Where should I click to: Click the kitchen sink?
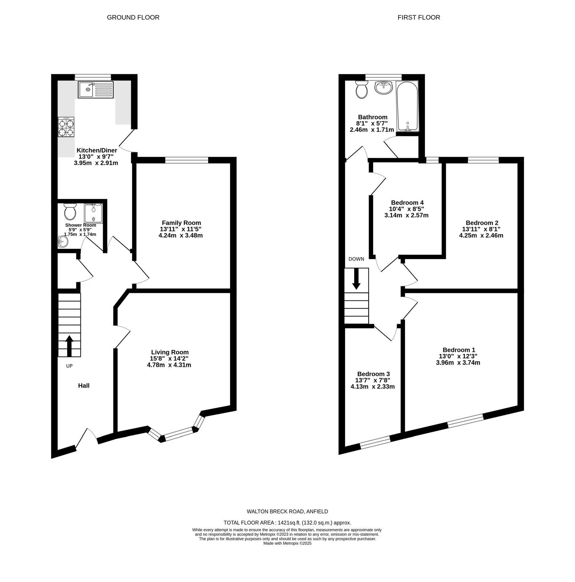pos(96,89)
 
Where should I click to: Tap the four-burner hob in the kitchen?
pos(66,127)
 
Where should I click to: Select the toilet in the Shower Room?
pos(70,211)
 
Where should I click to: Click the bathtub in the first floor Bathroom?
pos(407,107)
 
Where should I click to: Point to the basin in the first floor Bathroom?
pos(383,88)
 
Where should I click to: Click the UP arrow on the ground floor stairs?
pos(69,346)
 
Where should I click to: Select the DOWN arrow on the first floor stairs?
pos(356,279)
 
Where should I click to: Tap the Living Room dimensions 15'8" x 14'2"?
pos(170,359)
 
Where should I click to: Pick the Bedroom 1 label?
pos(459,350)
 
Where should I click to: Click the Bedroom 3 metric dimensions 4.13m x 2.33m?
pos(373,387)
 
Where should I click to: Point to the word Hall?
pos(84,386)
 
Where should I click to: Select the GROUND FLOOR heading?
pos(133,17)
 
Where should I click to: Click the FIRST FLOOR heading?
pos(419,17)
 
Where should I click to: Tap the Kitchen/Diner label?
pos(97,150)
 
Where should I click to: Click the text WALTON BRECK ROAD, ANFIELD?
pos(287,511)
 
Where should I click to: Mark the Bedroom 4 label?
pos(407,203)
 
